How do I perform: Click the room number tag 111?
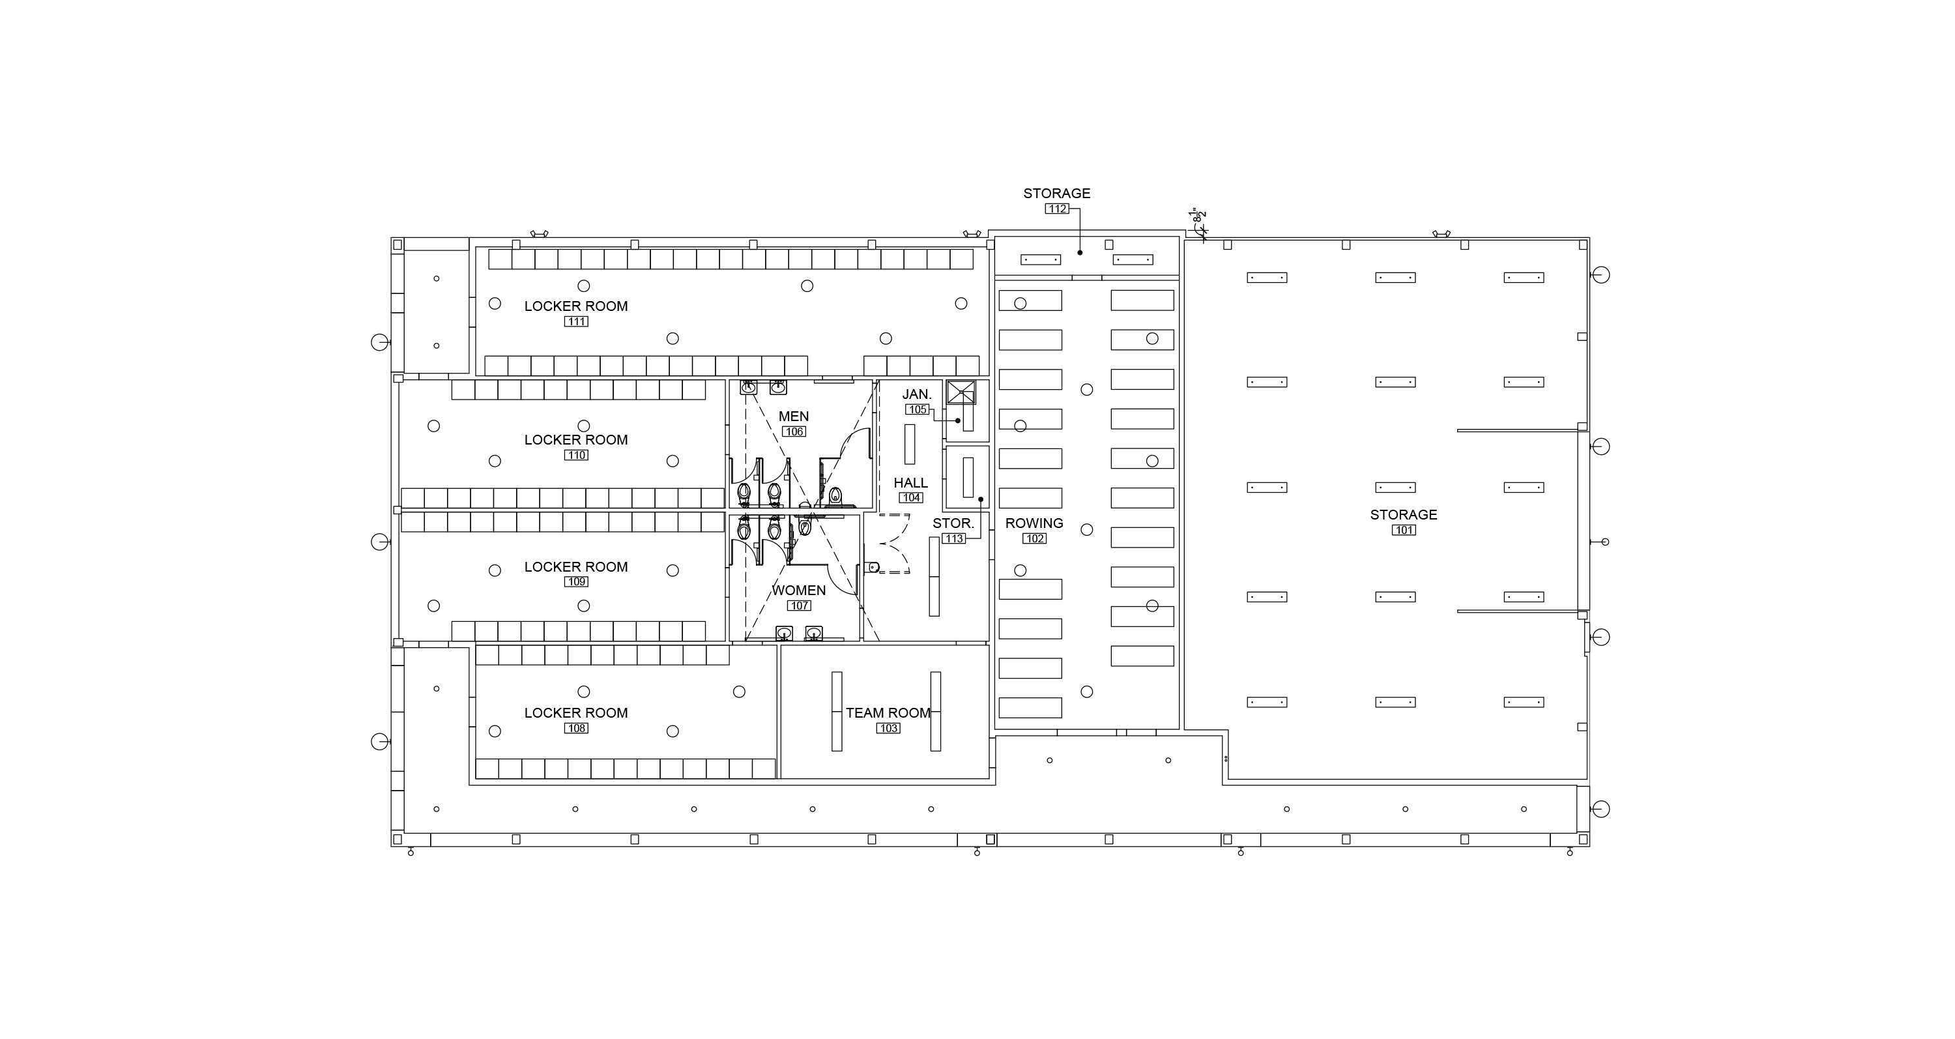(x=576, y=322)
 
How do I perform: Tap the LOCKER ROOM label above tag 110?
(x=576, y=440)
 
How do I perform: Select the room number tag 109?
(x=576, y=582)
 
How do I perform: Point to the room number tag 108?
(x=576, y=729)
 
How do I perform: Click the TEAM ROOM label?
(x=888, y=713)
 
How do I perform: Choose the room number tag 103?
(x=889, y=729)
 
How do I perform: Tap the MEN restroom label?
(x=794, y=417)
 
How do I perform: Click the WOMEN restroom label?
(x=798, y=591)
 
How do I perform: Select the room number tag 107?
(x=799, y=606)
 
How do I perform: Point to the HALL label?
(x=911, y=484)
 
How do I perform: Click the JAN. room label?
(x=917, y=394)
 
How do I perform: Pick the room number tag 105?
(x=918, y=410)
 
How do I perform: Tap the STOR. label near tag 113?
(x=953, y=523)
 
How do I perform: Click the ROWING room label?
(x=1034, y=523)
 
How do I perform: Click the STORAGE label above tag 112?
(x=1056, y=194)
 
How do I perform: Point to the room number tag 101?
(x=1404, y=531)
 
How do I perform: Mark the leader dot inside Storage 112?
(x=1080, y=253)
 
